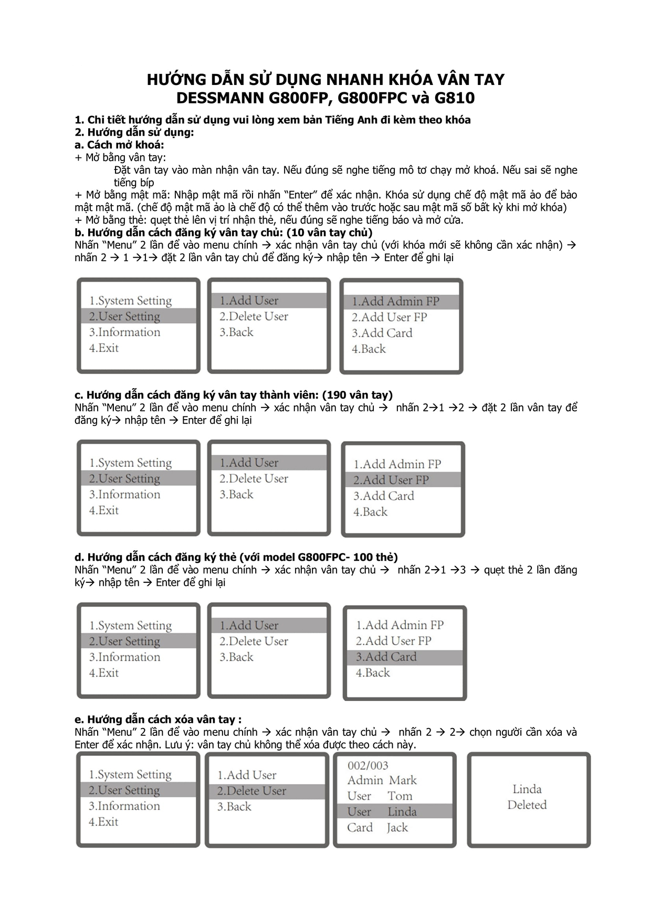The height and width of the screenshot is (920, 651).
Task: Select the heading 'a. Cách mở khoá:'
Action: coord(119,145)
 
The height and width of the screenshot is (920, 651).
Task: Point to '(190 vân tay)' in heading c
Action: coord(357,395)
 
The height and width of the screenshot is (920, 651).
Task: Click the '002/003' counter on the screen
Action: coord(367,766)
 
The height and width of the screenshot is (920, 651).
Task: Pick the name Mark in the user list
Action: coord(403,780)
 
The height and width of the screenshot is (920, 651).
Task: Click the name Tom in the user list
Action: coord(400,796)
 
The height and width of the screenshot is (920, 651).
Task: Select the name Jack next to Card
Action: coord(397,828)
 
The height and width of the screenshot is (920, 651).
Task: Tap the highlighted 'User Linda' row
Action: coord(394,811)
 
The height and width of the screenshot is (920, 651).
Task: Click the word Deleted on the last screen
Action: coord(527,805)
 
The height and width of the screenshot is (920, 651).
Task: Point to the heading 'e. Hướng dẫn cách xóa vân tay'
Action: coord(157,720)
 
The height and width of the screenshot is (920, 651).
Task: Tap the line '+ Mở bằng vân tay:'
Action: coord(120,157)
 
